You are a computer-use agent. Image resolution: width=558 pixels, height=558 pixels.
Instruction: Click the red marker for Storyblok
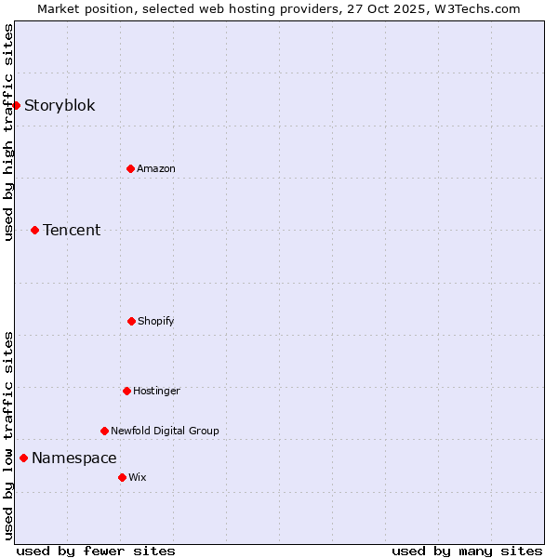[16, 105]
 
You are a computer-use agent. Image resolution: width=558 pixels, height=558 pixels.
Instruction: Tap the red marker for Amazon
[130, 168]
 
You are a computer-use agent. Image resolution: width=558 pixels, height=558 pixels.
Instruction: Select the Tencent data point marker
[34, 230]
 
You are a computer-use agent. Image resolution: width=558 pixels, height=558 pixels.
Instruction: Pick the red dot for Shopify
[131, 321]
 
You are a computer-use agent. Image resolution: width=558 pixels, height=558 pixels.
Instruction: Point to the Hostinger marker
[126, 391]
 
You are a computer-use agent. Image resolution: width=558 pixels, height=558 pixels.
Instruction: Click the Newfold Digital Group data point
[104, 431]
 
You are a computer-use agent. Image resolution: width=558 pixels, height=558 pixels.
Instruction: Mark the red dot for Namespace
[23, 458]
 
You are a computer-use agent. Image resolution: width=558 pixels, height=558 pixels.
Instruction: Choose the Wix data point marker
[122, 477]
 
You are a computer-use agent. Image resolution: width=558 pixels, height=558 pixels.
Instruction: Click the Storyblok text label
[60, 105]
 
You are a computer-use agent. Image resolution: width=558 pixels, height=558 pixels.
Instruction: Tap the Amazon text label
[156, 168]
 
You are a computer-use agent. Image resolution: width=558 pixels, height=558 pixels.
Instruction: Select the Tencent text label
[72, 230]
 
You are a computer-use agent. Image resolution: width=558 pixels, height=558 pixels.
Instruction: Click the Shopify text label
[156, 321]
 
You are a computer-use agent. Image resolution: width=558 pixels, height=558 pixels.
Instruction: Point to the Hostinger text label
[156, 391]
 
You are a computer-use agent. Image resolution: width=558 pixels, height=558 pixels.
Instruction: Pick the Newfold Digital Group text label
[165, 431]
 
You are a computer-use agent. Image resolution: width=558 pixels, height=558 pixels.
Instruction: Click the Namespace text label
[74, 458]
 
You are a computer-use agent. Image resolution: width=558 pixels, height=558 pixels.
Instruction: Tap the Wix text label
[138, 477]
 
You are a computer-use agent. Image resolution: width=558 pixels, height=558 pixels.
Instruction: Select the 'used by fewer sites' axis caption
[96, 551]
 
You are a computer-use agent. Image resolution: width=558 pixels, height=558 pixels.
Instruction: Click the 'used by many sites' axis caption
[467, 551]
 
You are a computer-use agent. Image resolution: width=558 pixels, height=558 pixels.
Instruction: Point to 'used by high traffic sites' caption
[8, 132]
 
